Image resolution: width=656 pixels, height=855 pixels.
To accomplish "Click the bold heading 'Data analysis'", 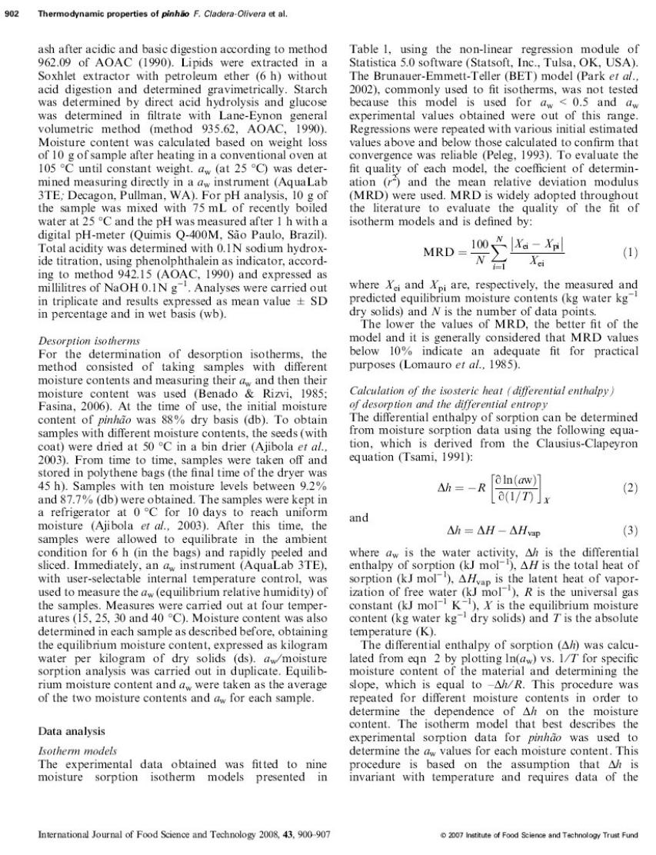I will [x=72, y=730].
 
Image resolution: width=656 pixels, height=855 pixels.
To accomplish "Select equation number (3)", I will [x=630, y=529].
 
